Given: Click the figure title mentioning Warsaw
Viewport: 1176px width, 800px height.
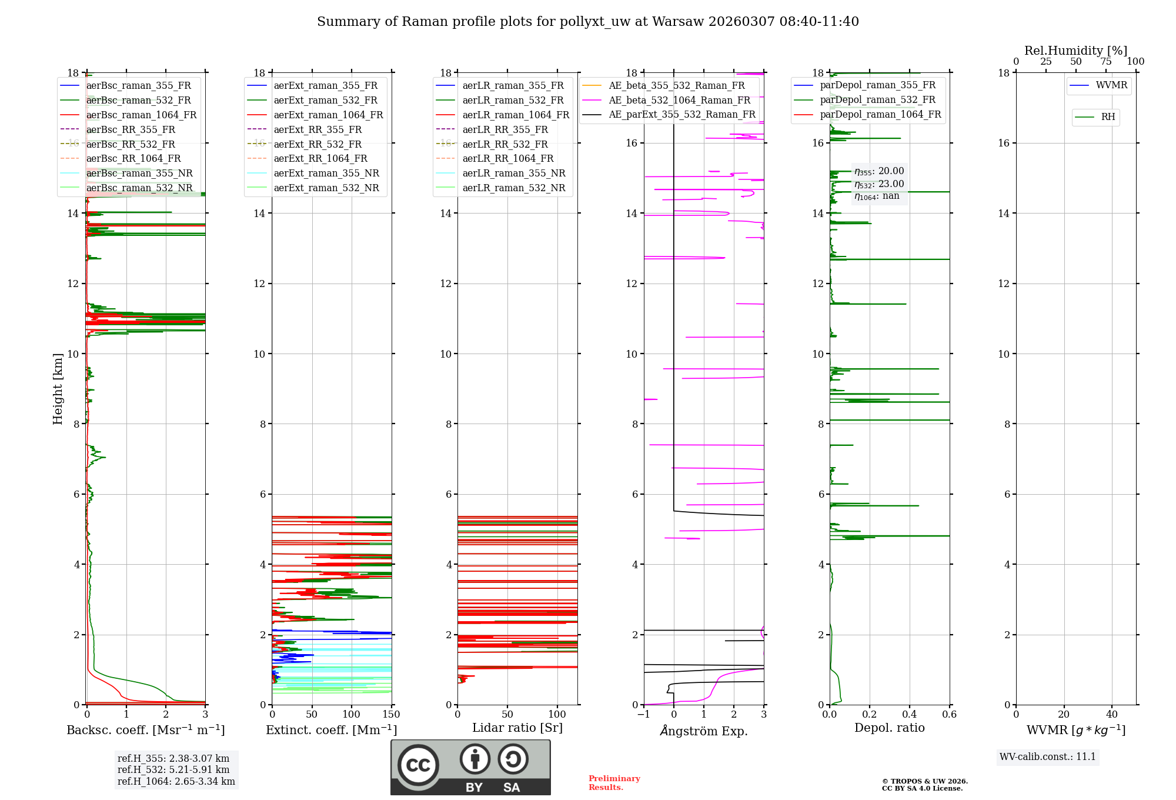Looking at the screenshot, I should point(588,22).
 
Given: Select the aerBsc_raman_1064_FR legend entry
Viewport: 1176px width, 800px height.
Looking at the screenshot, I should point(141,115).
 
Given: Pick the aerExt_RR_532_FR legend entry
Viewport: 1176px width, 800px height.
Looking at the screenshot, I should point(318,144).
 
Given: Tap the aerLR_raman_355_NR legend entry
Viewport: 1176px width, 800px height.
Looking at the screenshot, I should point(513,174).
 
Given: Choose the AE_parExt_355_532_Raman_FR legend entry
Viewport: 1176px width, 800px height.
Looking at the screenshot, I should point(681,115).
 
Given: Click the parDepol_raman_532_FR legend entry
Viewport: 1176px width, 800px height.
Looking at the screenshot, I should point(877,100).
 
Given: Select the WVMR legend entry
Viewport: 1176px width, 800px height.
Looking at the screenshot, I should point(1111,85).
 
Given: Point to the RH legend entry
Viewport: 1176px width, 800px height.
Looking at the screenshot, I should point(1108,117).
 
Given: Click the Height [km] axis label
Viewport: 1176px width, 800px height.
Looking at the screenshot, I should point(58,389).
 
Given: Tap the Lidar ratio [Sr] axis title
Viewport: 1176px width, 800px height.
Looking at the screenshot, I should point(517,728).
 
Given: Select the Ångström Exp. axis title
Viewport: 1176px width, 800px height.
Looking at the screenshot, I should point(704,731).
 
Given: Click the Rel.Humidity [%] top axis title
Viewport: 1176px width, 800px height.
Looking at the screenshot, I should point(1076,51).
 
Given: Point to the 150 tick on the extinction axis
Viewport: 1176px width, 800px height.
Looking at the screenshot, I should point(391,715).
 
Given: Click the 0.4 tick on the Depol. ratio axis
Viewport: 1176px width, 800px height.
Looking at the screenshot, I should point(910,715).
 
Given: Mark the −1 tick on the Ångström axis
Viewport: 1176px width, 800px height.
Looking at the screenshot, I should point(644,715).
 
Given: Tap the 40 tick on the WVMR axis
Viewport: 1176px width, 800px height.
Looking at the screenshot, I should point(1112,715).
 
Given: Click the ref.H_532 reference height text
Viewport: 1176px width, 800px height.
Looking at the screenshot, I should point(173,769).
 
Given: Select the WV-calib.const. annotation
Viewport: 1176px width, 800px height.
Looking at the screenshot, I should point(1048,757).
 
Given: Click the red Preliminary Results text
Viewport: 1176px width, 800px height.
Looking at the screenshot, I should point(614,783).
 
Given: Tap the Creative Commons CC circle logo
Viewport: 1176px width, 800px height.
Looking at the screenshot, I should point(418,765).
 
